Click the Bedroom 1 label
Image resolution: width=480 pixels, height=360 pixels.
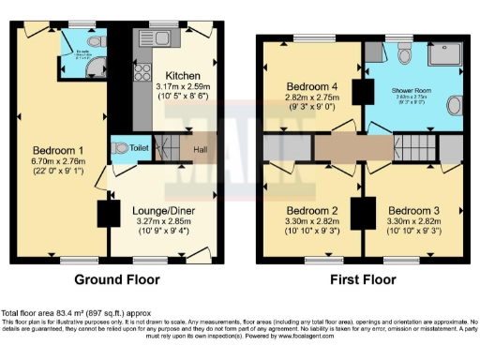[x=58, y=150]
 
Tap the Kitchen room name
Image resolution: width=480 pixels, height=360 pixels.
[x=184, y=75]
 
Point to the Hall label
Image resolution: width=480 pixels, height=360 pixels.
[x=201, y=148]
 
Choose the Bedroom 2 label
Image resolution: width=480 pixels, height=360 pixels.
[x=311, y=210]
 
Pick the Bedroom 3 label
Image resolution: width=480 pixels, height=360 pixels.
[x=412, y=210]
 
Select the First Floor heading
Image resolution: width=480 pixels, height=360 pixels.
[x=361, y=278]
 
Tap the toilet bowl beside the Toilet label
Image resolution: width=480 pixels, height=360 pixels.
[x=120, y=148]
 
